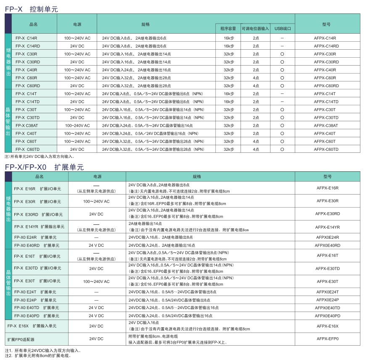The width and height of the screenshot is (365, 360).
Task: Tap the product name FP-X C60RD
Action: pos(28,85)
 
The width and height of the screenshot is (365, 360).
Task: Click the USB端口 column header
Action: pos(283,29)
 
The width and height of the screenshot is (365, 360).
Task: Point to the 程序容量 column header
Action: pos(228,29)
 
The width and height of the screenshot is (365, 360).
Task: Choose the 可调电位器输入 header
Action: pos(255,29)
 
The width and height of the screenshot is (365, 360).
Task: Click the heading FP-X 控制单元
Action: pos(32,8)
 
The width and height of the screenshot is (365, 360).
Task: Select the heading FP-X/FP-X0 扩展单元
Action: pos(45,167)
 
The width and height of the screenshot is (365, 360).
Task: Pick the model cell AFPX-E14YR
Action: pos(328,227)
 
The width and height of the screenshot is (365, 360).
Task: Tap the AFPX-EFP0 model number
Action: pos(328,339)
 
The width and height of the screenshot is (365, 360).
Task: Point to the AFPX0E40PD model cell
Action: pos(328,316)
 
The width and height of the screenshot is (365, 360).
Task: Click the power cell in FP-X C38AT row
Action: pos(77,125)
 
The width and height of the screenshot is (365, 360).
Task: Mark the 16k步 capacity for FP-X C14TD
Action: pos(229,101)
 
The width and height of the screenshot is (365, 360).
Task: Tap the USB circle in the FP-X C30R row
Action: pos(282,54)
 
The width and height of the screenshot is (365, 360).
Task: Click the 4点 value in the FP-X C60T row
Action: pos(256,141)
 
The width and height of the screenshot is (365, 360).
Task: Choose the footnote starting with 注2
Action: pos(38,356)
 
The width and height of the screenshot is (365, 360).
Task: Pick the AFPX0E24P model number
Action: pos(328,300)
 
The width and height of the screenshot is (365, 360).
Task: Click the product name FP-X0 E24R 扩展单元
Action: pos(35,237)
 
